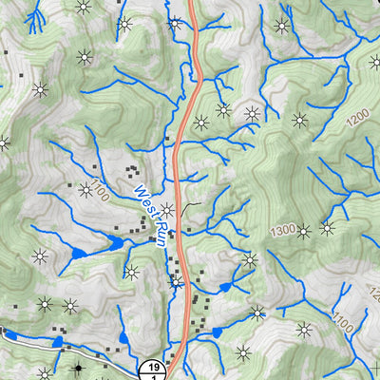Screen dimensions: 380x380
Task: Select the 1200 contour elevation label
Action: point(357,119)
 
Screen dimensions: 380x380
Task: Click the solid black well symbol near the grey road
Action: point(78,368)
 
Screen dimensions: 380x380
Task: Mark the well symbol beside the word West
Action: point(167,210)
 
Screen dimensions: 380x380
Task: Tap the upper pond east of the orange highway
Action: point(225,286)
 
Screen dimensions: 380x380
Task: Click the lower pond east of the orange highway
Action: point(217,332)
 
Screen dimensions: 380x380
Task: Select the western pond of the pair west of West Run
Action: point(77,254)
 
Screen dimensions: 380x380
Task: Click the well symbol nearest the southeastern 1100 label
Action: point(304,329)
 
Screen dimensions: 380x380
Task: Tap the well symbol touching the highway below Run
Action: point(176,281)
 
